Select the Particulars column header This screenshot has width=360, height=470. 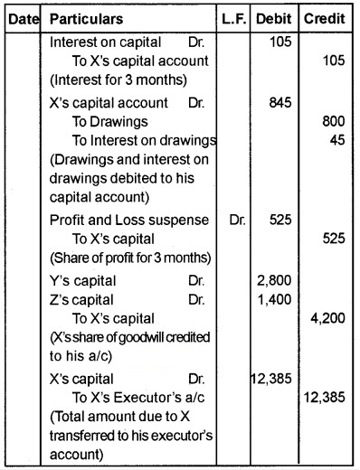click(x=88, y=18)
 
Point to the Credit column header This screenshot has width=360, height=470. click(x=328, y=18)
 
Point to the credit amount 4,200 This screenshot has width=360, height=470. click(x=329, y=317)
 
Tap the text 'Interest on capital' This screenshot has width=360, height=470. click(x=107, y=41)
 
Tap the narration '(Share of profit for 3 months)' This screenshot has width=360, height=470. click(x=129, y=254)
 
